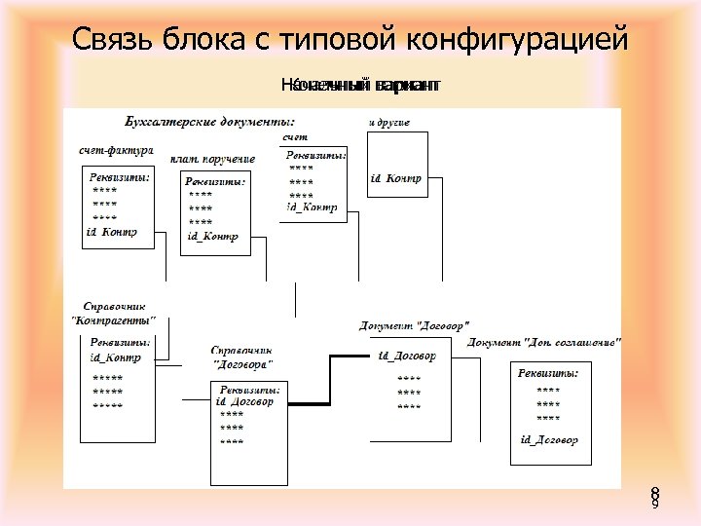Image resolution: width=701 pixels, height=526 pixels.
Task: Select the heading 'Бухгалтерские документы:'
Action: (x=210, y=122)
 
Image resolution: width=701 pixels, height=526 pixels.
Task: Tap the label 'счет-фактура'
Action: (x=117, y=151)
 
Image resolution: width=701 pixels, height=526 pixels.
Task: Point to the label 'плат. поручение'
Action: (x=212, y=159)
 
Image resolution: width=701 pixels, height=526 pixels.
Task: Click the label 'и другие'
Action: (x=389, y=122)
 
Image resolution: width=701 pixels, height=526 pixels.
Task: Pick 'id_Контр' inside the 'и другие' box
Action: (x=396, y=177)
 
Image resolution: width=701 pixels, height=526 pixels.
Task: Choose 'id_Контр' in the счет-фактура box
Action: (x=112, y=232)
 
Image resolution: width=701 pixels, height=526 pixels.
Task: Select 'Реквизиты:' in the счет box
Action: (x=315, y=154)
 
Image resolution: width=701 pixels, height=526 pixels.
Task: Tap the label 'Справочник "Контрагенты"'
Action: (x=115, y=313)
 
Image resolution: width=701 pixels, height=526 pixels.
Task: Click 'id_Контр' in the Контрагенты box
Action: (x=115, y=357)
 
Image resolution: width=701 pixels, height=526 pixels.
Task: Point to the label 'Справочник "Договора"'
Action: (x=241, y=357)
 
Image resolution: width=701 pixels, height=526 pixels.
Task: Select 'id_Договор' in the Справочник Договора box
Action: (x=244, y=401)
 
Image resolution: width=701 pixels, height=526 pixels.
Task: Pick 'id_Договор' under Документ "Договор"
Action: (x=407, y=356)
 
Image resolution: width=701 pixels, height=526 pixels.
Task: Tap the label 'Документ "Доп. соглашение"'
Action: (x=544, y=343)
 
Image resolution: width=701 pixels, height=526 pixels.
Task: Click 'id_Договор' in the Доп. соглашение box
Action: (x=549, y=440)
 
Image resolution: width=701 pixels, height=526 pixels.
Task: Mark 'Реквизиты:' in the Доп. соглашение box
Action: (x=548, y=373)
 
